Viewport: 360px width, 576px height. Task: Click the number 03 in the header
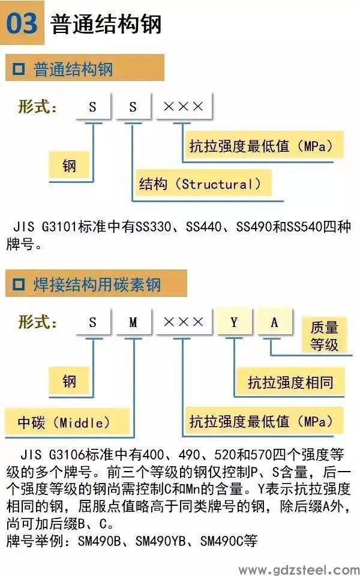(x=22, y=23)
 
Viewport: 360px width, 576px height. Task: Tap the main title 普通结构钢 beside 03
(x=106, y=24)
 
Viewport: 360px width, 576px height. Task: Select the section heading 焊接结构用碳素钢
(x=97, y=284)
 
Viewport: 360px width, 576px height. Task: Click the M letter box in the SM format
(x=133, y=322)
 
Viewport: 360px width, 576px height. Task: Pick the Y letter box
(x=234, y=322)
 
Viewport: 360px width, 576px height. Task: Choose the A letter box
(x=274, y=322)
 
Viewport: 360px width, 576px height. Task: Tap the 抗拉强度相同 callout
(x=290, y=382)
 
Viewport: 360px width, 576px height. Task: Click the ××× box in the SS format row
(x=184, y=107)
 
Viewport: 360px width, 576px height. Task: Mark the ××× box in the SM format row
(x=184, y=322)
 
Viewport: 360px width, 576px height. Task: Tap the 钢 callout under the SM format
(x=69, y=381)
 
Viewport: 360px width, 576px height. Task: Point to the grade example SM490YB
(x=161, y=541)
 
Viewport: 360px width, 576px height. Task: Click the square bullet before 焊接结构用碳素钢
(x=19, y=284)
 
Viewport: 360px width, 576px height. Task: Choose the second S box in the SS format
(x=133, y=107)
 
